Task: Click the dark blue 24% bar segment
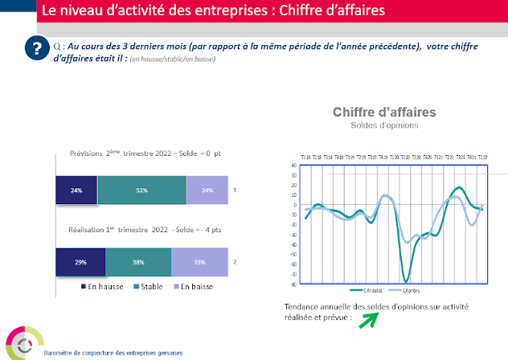click(76, 191)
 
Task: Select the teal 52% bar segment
click(141, 191)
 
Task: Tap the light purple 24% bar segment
click(207, 191)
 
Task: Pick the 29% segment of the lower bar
click(80, 262)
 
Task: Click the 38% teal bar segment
click(138, 262)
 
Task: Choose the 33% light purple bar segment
click(199, 262)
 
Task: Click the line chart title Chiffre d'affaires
click(384, 112)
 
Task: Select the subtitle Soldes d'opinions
click(384, 127)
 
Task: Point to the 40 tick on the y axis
click(294, 166)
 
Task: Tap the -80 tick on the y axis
click(293, 284)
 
